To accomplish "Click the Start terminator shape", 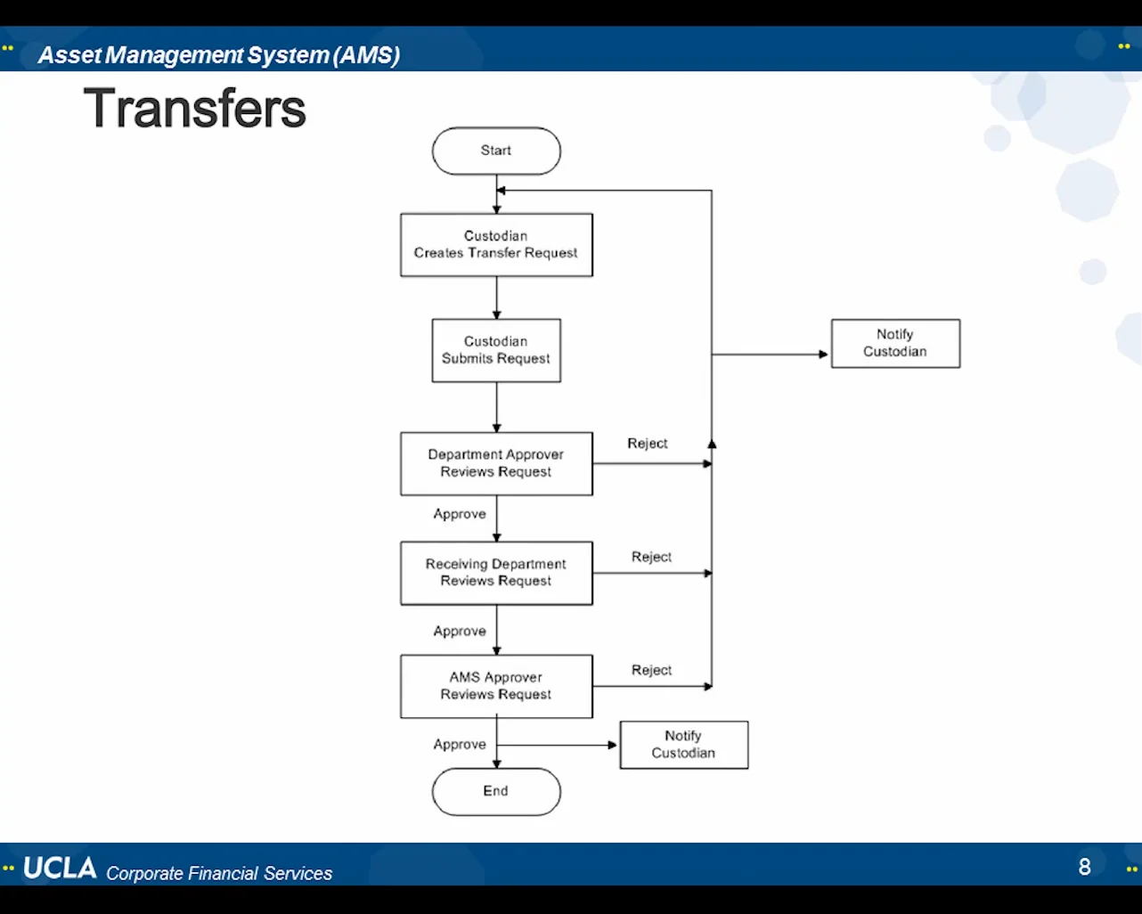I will point(496,151).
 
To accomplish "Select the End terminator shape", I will point(496,791).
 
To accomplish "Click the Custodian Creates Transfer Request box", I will point(496,245).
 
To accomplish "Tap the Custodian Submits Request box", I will point(496,350).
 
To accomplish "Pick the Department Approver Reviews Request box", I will point(496,463).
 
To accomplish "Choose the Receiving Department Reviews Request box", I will point(496,573).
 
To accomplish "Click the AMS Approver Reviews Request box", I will point(496,686).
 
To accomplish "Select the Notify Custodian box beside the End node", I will point(683,745).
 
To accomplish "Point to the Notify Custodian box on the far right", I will point(895,343).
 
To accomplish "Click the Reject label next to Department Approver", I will point(647,444).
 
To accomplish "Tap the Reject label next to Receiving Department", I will point(651,557).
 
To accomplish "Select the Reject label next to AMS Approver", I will point(651,670).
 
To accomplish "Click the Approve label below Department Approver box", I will point(460,514).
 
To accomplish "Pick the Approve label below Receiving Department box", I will point(460,631).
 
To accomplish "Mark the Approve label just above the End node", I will point(460,744).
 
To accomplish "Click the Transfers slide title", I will point(194,109).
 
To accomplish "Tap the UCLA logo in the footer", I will point(60,868).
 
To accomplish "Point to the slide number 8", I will point(1084,867).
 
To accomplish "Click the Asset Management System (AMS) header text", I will point(218,55).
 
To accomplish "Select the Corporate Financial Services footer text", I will point(219,873).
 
